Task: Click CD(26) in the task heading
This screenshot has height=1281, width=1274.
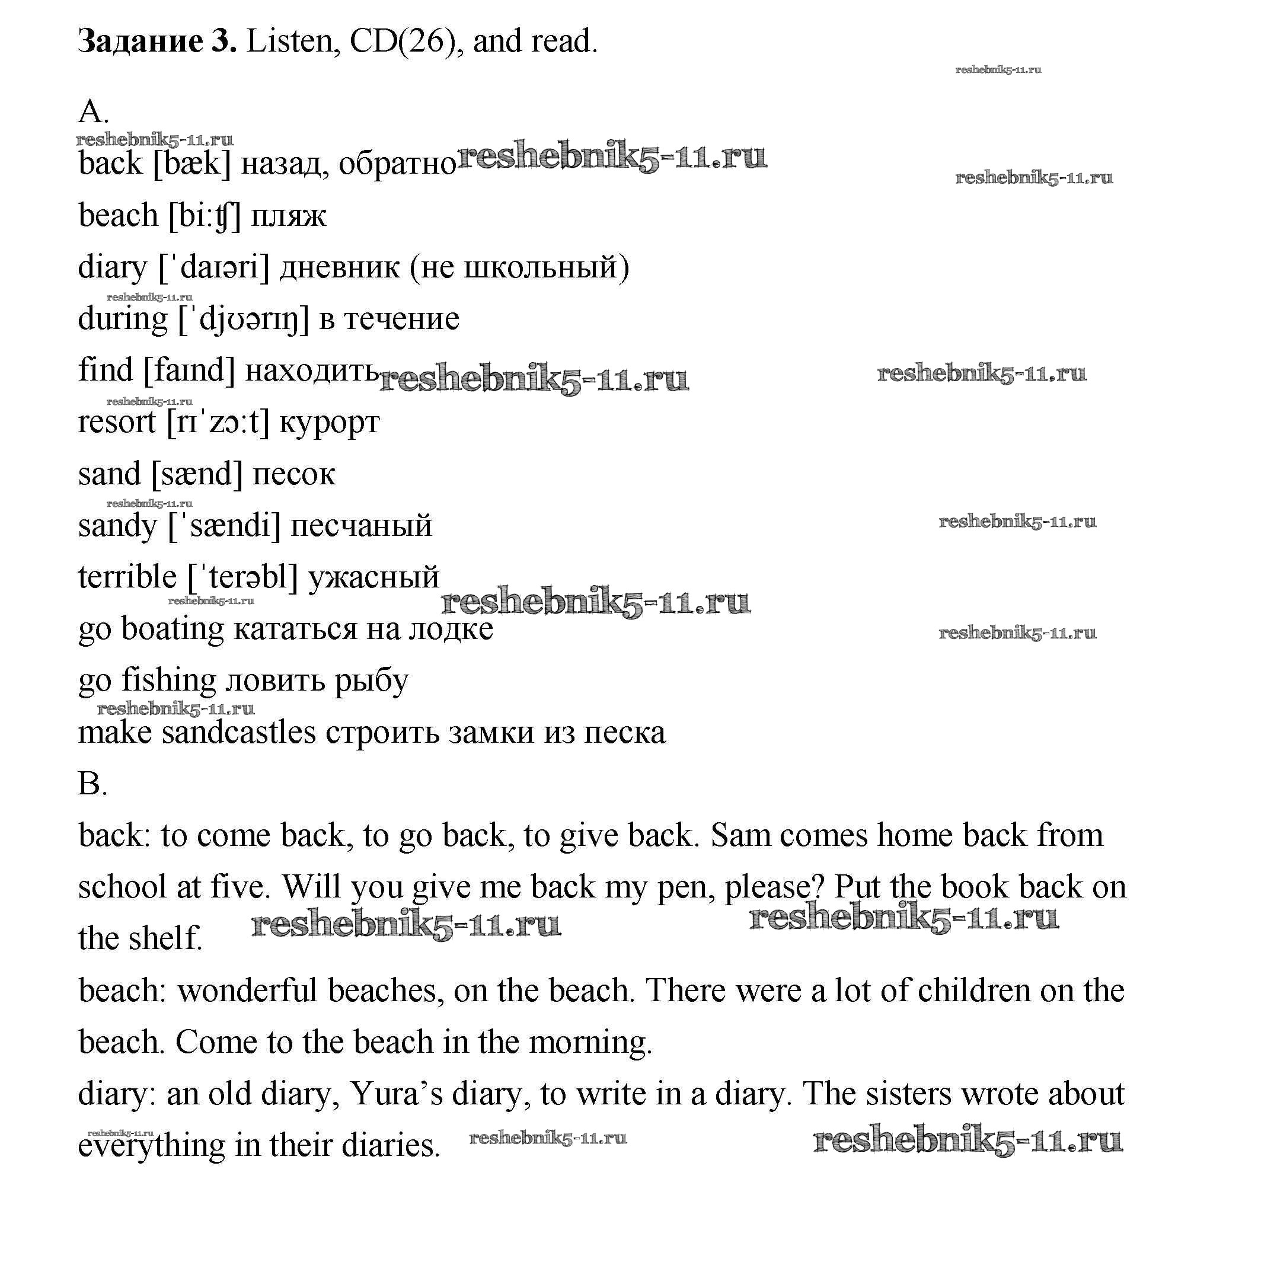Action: coord(403,41)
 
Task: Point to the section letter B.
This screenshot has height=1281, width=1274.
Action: coord(91,784)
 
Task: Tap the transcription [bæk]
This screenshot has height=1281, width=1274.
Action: coord(191,163)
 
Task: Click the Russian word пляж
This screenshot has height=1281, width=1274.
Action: coord(289,216)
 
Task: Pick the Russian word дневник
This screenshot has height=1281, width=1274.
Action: coord(340,267)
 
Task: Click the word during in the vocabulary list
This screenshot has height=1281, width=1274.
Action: coord(123,319)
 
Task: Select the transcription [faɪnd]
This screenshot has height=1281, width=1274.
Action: coord(189,370)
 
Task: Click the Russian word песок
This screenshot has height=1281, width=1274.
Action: coord(294,474)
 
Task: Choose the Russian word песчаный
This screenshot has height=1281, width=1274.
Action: coord(362,526)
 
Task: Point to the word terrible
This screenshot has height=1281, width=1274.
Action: coord(127,577)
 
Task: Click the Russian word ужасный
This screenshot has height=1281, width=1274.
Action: coord(374,577)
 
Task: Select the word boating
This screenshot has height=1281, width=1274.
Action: coord(173,629)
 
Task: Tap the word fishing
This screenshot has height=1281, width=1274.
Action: coord(168,681)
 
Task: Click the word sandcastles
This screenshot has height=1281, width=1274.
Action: coord(239,733)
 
